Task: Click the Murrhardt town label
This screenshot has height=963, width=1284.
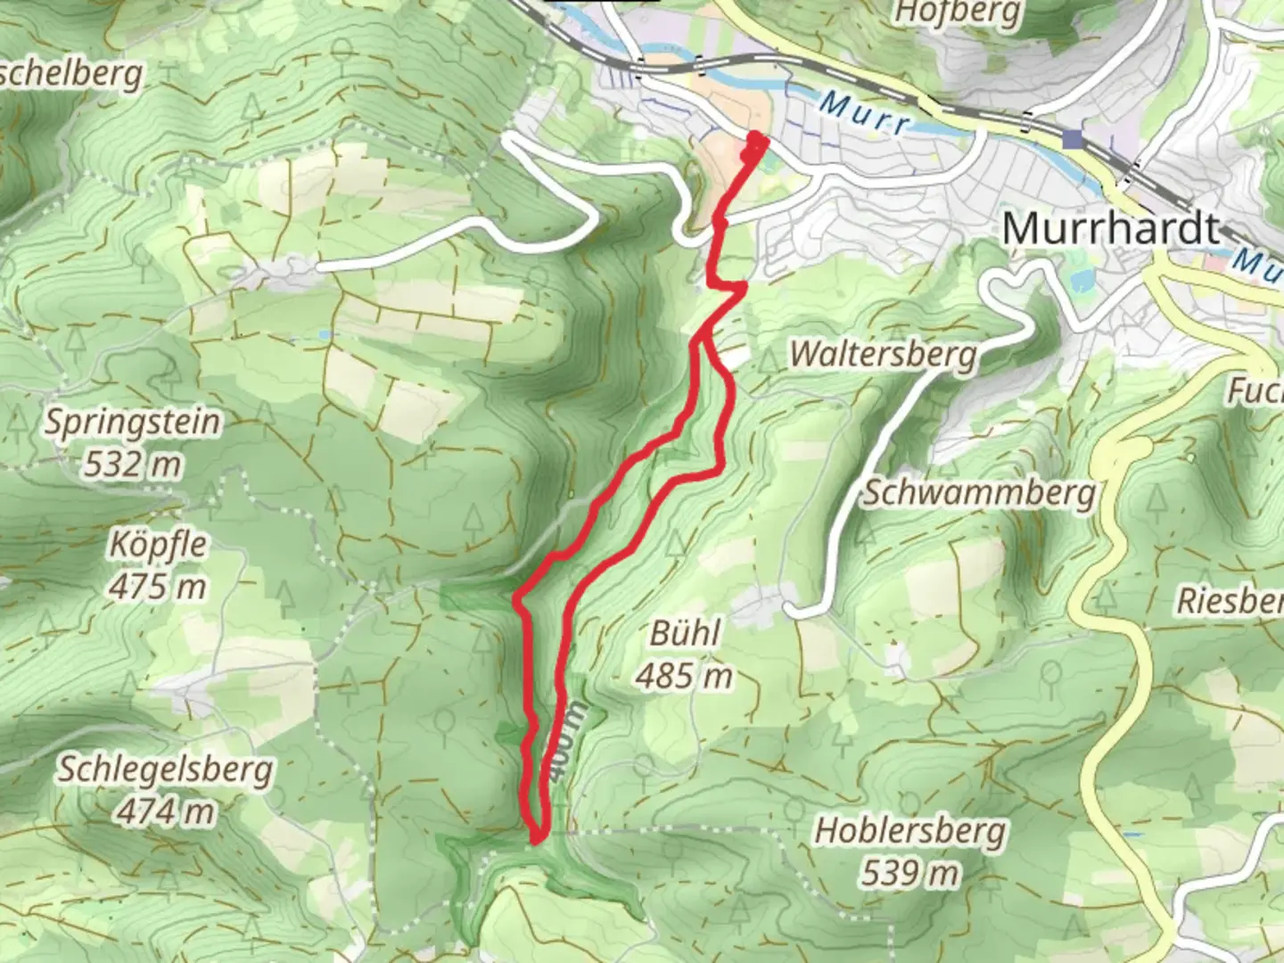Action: [x=1111, y=229]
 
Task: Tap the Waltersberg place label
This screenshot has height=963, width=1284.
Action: [x=883, y=354]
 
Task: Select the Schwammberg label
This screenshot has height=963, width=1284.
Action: [x=978, y=493]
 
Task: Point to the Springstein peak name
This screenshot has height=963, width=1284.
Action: [x=133, y=422]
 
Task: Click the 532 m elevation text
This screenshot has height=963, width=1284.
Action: [x=133, y=464]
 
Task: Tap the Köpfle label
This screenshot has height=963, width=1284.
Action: [x=158, y=544]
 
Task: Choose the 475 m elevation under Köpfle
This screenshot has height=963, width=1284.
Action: [x=158, y=587]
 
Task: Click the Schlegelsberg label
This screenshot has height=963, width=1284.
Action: [x=166, y=770]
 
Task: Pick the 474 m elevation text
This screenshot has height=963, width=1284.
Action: [x=166, y=811]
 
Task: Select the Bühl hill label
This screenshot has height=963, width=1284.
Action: [x=685, y=634]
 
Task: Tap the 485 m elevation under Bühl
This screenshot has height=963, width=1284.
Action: [x=685, y=677]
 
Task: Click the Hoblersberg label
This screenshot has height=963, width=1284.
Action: [x=910, y=831]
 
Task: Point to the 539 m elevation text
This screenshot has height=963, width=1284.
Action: [x=910, y=873]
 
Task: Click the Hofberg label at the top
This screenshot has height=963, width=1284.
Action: [x=957, y=12]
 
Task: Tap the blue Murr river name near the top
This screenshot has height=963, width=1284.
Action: [x=864, y=113]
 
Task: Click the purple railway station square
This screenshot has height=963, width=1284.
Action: [x=1073, y=138]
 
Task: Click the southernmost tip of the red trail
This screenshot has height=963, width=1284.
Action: [x=537, y=839]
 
